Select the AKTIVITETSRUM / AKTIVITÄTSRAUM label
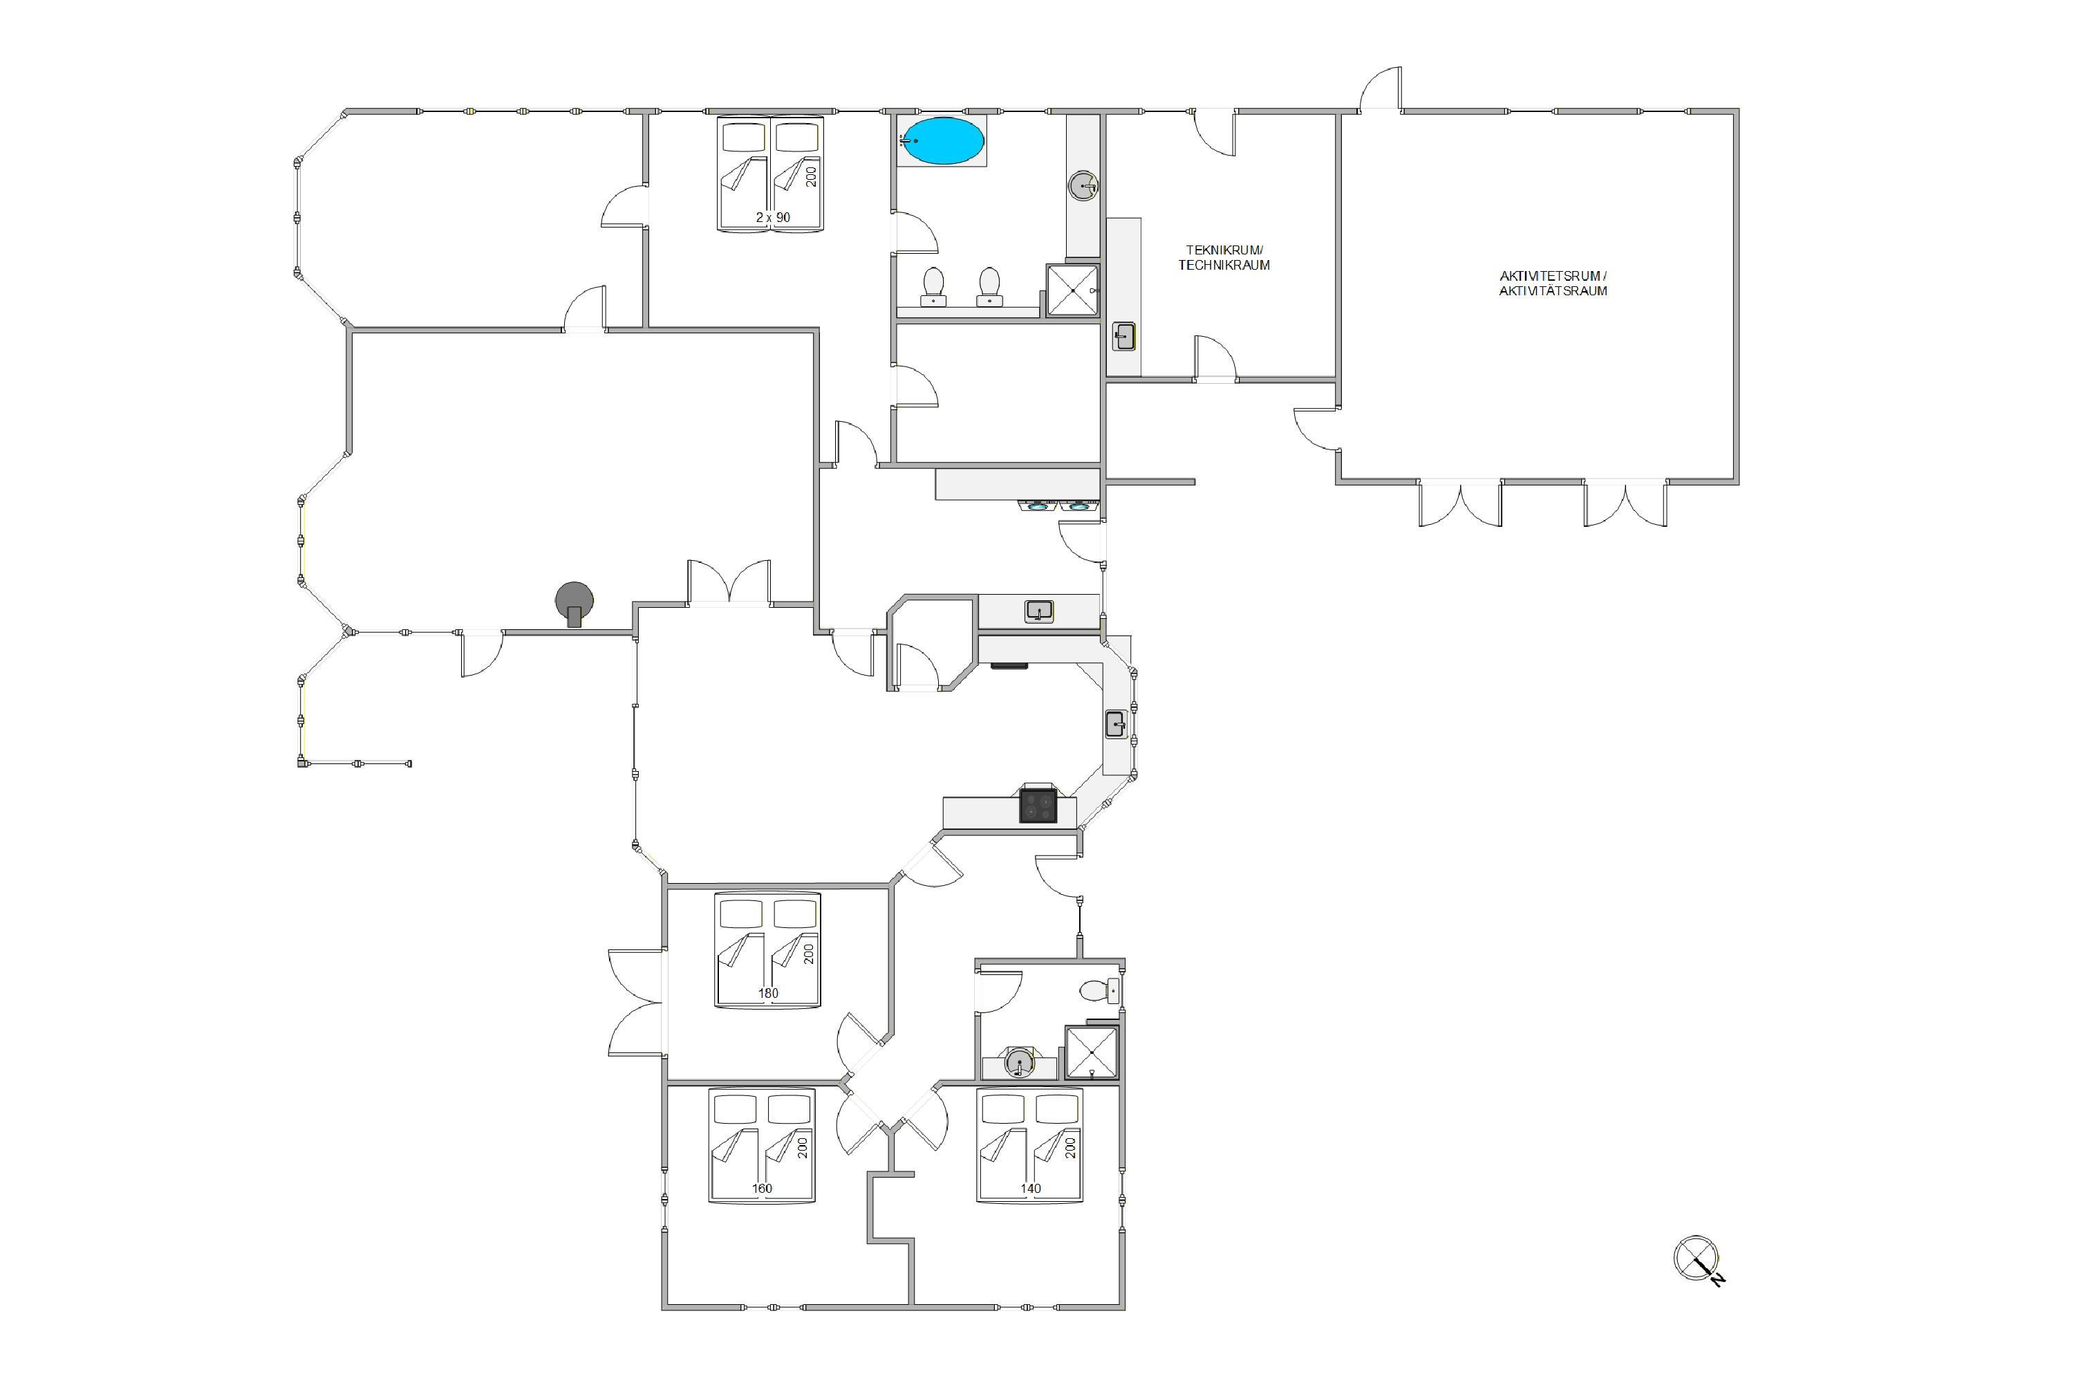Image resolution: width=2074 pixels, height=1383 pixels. coord(1553,283)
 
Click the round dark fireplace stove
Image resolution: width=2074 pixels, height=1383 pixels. coord(574,603)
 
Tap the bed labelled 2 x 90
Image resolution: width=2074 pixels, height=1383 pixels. coord(772,173)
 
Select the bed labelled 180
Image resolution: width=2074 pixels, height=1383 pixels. coord(768,950)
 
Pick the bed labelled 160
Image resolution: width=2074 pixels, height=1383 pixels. coord(762,1145)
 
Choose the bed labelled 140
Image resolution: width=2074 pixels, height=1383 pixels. coord(1030,1145)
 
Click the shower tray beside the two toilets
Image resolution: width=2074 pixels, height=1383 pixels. coord(1072,290)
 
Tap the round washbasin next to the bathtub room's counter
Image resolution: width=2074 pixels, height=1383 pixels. coord(1084,186)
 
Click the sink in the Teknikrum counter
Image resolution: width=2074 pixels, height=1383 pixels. coord(1123,336)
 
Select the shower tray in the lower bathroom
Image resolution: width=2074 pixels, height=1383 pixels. coord(1092,1052)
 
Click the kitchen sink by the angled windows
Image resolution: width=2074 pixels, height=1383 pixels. coord(1117,725)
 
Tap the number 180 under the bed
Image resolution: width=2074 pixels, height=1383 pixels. coord(768,993)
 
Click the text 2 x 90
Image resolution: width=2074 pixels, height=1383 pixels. coord(772,217)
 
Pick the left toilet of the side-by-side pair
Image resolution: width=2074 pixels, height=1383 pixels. coord(933,288)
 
